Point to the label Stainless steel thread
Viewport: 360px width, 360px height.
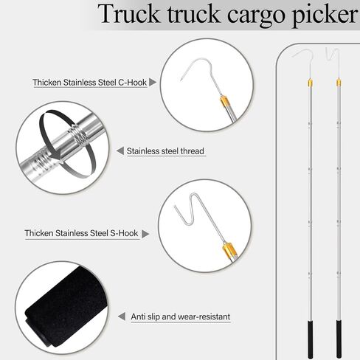pos(165,152)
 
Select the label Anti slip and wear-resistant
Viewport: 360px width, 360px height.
pos(181,316)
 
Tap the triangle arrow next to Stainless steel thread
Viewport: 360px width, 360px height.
pos(120,152)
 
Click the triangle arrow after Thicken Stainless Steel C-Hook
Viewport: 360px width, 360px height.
pos(153,83)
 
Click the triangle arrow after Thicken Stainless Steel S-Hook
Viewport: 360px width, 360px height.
pos(145,234)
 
